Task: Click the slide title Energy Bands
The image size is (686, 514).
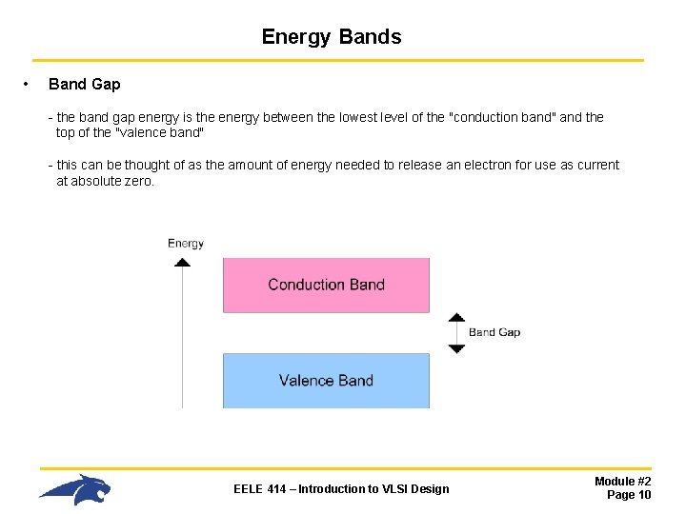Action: [332, 37]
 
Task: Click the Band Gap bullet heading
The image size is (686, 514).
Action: [84, 85]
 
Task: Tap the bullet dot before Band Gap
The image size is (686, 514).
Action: [26, 85]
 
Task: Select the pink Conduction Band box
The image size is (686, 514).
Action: [326, 285]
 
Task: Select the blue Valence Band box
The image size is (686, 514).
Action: [326, 381]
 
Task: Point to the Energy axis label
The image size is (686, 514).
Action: [186, 244]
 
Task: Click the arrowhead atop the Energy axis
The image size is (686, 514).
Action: [182, 261]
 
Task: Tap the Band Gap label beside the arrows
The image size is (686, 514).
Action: [494, 332]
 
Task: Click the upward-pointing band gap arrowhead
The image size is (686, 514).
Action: [456, 318]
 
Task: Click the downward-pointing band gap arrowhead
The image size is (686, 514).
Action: [456, 348]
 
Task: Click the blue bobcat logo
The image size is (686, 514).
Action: [75, 489]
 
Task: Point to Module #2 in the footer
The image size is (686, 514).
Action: [622, 482]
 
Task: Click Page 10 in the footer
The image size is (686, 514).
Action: [629, 495]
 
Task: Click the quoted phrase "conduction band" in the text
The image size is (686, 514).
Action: [502, 117]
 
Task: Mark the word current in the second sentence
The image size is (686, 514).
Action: [596, 165]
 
